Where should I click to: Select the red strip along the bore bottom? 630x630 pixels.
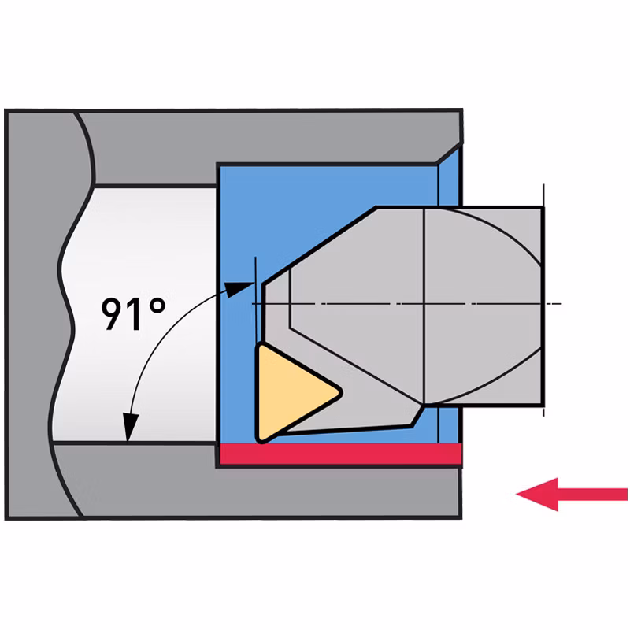(341, 454)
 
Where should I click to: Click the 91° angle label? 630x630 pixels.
(133, 314)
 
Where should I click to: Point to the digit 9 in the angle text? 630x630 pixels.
(112, 314)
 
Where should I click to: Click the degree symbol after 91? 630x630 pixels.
(157, 306)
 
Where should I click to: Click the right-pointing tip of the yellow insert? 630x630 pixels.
(341, 391)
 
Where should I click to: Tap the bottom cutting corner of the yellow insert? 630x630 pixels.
(261, 441)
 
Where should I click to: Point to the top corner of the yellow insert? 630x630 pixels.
(261, 346)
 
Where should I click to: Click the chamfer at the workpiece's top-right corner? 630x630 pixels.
(449, 153)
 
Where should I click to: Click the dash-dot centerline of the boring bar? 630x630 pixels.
(406, 304)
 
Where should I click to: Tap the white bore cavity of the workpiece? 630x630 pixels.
(136, 313)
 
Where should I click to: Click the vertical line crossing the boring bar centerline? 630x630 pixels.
(424, 306)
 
